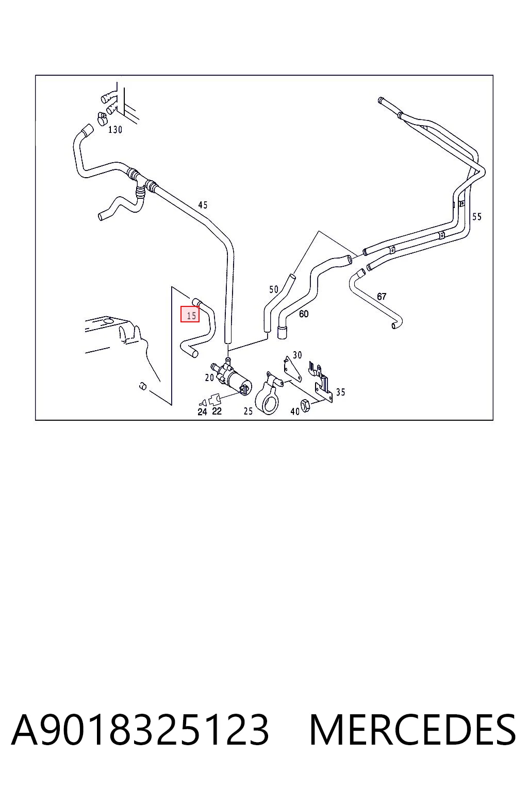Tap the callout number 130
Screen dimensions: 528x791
tap(115, 130)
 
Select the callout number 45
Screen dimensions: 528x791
tap(203, 205)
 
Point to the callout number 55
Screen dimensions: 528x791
tap(477, 216)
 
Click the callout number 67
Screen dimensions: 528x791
tap(381, 296)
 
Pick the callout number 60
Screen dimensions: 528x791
tap(303, 314)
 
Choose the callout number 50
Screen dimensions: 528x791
tap(274, 289)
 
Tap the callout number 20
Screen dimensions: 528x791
tap(209, 378)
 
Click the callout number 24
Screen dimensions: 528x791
tap(202, 412)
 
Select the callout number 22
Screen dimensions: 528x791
tap(217, 411)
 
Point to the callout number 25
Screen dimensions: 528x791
tap(248, 411)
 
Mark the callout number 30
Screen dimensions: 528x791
tap(297, 355)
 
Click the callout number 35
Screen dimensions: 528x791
tap(340, 392)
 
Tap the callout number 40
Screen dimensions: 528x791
tap(294, 411)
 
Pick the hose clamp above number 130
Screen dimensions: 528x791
tap(103, 118)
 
